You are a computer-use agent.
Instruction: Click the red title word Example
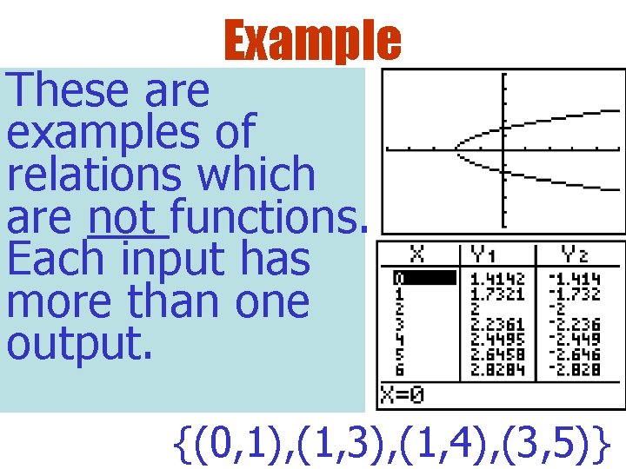tap(312, 40)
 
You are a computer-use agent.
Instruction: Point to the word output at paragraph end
tap(80, 344)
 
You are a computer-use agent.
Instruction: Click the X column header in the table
tap(418, 254)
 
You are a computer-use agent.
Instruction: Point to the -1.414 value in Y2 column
tap(574, 278)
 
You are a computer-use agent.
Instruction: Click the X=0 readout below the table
tap(402, 398)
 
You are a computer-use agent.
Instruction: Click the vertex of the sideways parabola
tap(455, 149)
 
